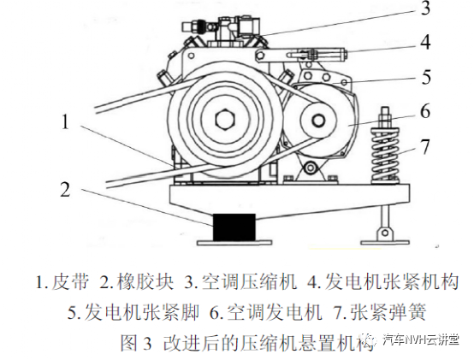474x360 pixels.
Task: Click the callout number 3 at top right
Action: (425, 9)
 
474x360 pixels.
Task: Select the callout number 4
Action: (425, 42)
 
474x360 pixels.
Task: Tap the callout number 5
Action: (426, 77)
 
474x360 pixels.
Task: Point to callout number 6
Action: (425, 111)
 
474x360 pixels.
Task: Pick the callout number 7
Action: (425, 146)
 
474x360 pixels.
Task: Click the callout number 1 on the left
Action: (65, 122)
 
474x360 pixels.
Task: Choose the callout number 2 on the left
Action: (65, 189)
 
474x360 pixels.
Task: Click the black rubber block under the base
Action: (234, 227)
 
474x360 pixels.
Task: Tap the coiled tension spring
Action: (385, 155)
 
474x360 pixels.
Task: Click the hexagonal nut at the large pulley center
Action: (225, 120)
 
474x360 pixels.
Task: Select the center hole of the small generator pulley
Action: (317, 121)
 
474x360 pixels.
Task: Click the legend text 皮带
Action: (71, 281)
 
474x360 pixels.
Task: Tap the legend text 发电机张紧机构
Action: (392, 281)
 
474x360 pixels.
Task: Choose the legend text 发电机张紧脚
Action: (142, 311)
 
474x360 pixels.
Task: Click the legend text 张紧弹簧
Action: (388, 311)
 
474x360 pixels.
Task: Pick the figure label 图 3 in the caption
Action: (136, 342)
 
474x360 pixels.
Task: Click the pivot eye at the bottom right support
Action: (385, 233)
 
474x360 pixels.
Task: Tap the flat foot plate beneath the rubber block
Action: (234, 243)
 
